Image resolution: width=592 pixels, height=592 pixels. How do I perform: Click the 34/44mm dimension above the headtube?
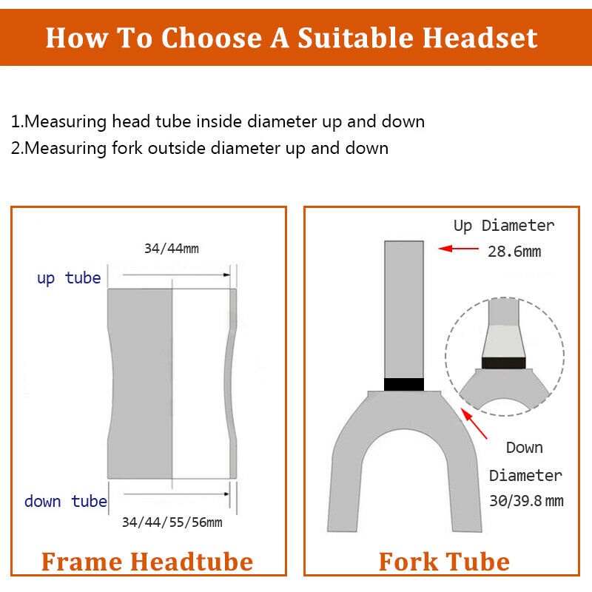(x=171, y=249)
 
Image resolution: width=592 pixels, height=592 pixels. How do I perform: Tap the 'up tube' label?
(x=69, y=278)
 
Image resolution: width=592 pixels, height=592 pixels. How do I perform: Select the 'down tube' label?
(x=65, y=501)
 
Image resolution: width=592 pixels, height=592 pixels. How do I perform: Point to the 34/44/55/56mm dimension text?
(x=172, y=522)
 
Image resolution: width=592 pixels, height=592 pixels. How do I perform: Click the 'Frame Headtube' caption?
(x=147, y=562)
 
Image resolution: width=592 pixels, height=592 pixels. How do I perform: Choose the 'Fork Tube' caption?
(x=443, y=562)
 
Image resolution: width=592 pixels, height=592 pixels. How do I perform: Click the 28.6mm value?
(x=514, y=252)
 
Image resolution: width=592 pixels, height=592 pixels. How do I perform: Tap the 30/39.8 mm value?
(x=525, y=501)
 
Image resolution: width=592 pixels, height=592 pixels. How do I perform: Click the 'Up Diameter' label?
(x=503, y=225)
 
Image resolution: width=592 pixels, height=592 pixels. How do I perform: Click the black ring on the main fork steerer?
(x=404, y=384)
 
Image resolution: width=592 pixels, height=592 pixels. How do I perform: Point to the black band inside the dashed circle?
(x=503, y=363)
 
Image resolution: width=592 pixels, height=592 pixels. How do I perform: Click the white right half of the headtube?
(x=200, y=385)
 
